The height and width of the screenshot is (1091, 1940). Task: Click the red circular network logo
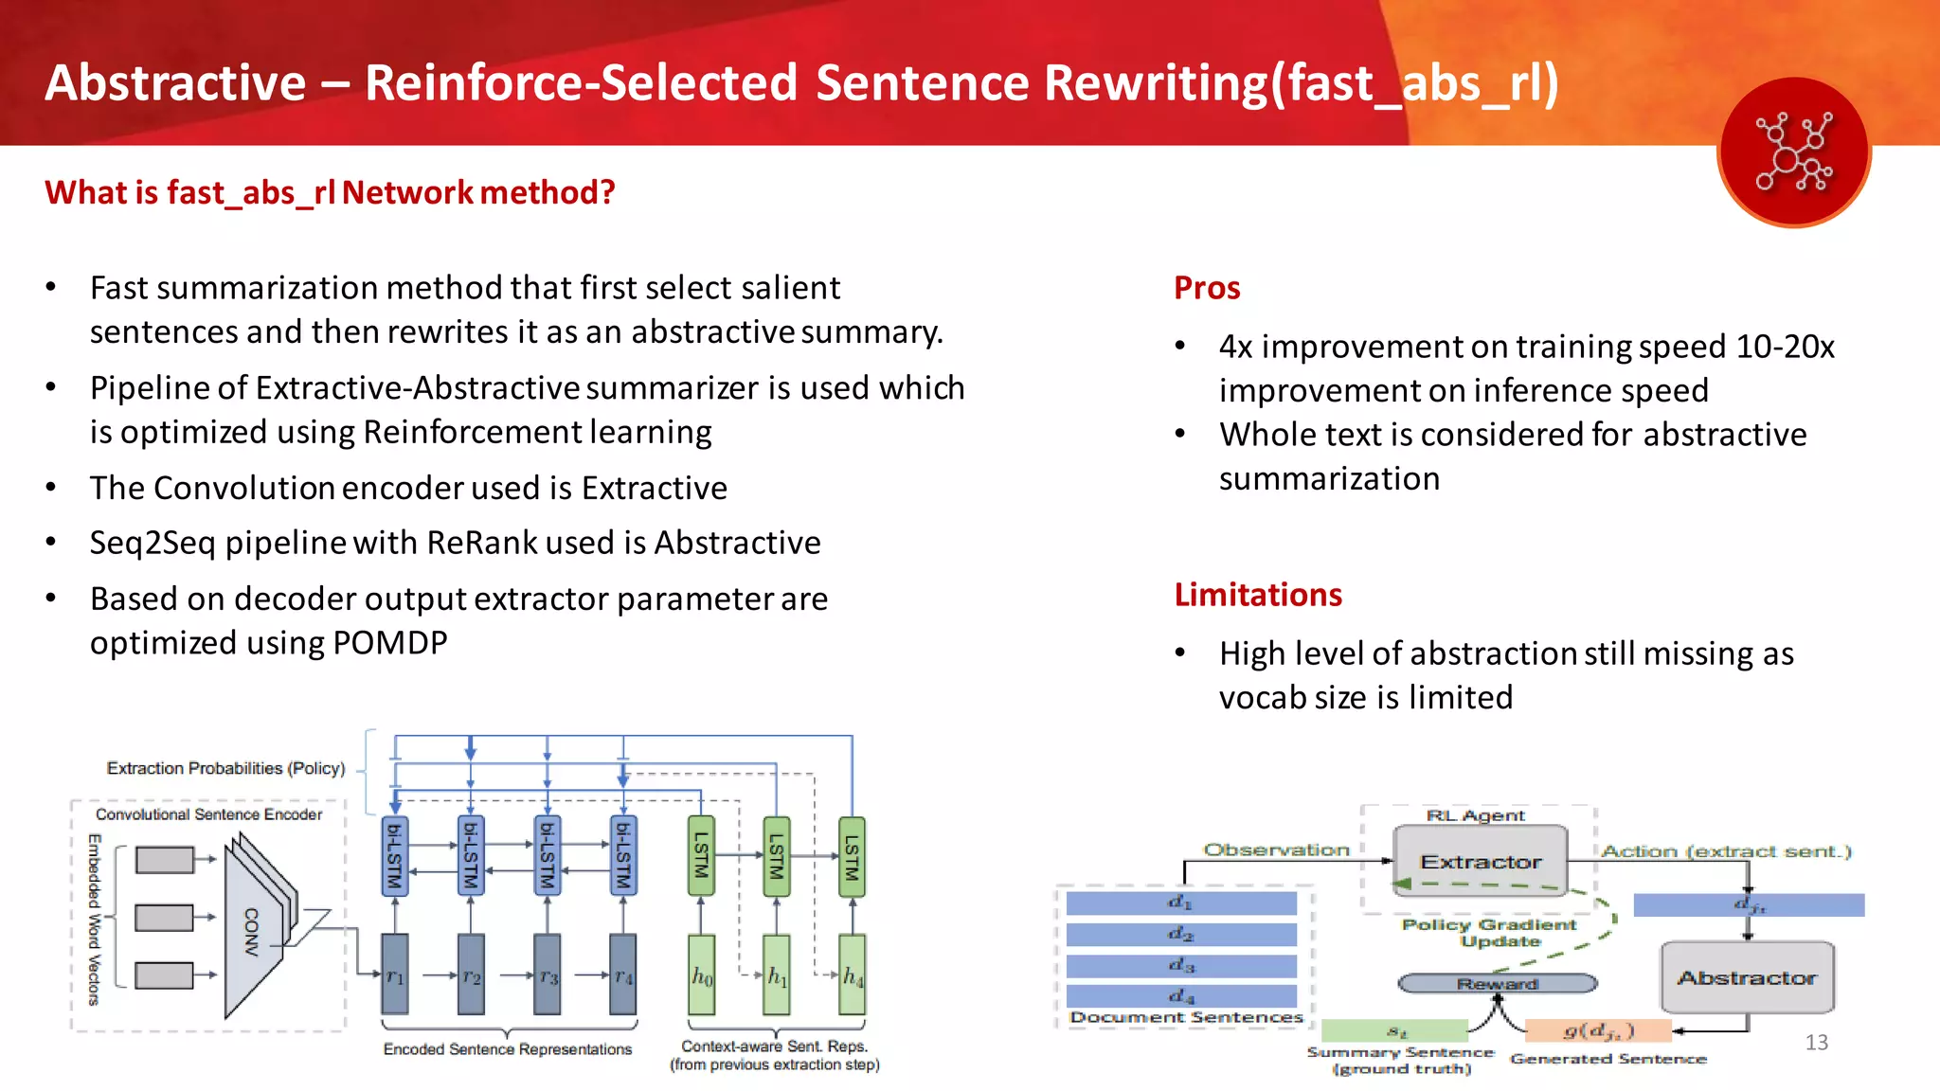pos(1794,152)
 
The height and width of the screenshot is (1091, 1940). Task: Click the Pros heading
pos(1207,288)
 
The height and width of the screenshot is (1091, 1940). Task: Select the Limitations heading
pos(1258,595)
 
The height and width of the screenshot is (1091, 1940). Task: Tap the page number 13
pos(1816,1043)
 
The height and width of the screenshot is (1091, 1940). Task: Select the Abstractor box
pos(1747,977)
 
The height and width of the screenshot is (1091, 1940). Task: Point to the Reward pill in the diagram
pos(1497,984)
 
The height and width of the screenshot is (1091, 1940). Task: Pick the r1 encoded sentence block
pos(395,975)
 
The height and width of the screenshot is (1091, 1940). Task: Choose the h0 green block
pos(701,975)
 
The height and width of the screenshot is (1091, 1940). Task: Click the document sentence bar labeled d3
pos(1181,966)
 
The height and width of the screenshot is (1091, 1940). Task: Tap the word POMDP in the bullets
pos(389,643)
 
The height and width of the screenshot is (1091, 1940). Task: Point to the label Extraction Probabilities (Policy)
pos(225,768)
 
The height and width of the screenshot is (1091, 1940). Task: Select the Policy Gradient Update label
pos(1489,933)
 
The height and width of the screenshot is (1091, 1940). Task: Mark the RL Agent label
pos(1475,815)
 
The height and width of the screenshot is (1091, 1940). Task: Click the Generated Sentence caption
pos(1608,1059)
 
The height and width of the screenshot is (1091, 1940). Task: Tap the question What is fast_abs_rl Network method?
pos(330,193)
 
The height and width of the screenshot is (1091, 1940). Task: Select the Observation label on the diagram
pos(1276,850)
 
